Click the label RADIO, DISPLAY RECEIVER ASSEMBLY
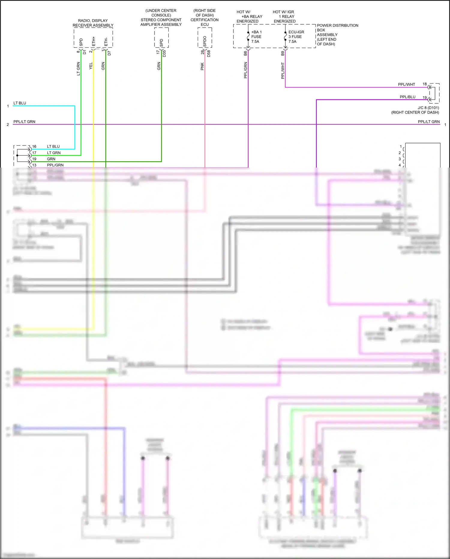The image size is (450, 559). click(x=93, y=23)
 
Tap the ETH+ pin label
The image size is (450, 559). click(x=94, y=41)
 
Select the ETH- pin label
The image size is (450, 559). click(x=106, y=42)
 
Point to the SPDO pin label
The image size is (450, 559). click(x=205, y=41)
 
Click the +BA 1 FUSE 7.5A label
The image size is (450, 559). click(x=256, y=37)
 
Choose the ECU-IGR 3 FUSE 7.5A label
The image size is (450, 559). click(x=296, y=37)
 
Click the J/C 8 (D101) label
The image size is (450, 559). click(x=428, y=108)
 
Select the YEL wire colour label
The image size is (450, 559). click(x=91, y=66)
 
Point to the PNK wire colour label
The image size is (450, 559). click(x=202, y=66)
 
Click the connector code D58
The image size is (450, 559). click(x=209, y=54)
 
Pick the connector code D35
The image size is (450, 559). click(x=164, y=54)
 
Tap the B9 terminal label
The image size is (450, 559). click(x=283, y=53)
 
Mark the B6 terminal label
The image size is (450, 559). click(x=245, y=53)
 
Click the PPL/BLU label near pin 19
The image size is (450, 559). click(x=407, y=97)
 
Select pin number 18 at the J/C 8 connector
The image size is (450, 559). click(x=424, y=84)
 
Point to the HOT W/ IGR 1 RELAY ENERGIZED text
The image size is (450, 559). click(x=284, y=17)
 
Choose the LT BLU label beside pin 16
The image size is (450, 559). click(x=53, y=147)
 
